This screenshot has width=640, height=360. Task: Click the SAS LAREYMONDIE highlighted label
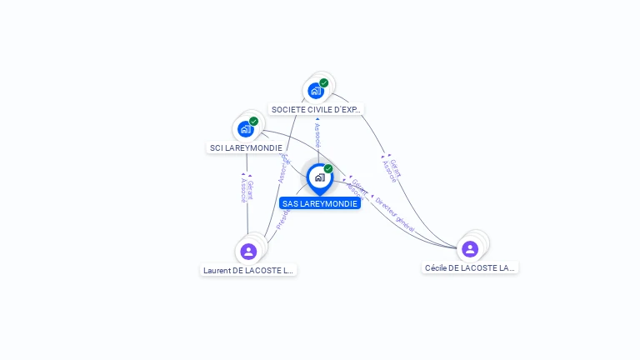coord(320,203)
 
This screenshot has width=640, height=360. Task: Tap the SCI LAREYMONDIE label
coord(246,147)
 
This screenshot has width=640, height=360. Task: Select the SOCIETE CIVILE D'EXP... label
coord(317,109)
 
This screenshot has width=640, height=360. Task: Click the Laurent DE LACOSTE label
coord(248,270)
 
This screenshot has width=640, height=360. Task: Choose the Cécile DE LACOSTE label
coord(470,267)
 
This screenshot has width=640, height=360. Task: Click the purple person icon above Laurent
coord(248,251)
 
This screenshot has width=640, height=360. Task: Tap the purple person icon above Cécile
coord(470,248)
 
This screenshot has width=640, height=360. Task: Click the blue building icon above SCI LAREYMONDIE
coord(245,128)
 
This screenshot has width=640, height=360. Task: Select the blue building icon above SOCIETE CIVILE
coord(316,91)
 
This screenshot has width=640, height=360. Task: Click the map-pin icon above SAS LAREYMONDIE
coord(319,177)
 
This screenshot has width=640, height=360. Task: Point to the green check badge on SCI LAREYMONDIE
coord(254,122)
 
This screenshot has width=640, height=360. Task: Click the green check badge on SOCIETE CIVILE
coord(324,82)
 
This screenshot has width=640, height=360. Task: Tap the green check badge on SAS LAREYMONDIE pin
coord(328,169)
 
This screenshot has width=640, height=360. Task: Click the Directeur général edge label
coord(394,214)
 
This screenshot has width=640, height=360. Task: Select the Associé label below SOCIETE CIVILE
coord(317,133)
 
